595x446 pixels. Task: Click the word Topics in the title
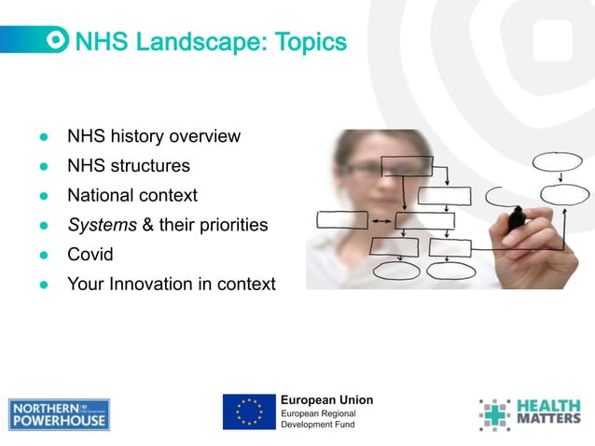[x=311, y=42]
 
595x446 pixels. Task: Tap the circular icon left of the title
[x=58, y=40]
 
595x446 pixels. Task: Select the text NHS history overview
[x=153, y=136]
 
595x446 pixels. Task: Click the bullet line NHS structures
[x=128, y=166]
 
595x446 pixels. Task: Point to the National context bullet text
[x=131, y=195]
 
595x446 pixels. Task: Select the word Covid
[x=90, y=254]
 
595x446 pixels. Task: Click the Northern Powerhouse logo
[x=59, y=414]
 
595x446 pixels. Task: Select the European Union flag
[x=249, y=411]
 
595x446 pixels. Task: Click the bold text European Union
[x=326, y=399]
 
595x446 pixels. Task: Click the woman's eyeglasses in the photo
[x=378, y=167]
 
